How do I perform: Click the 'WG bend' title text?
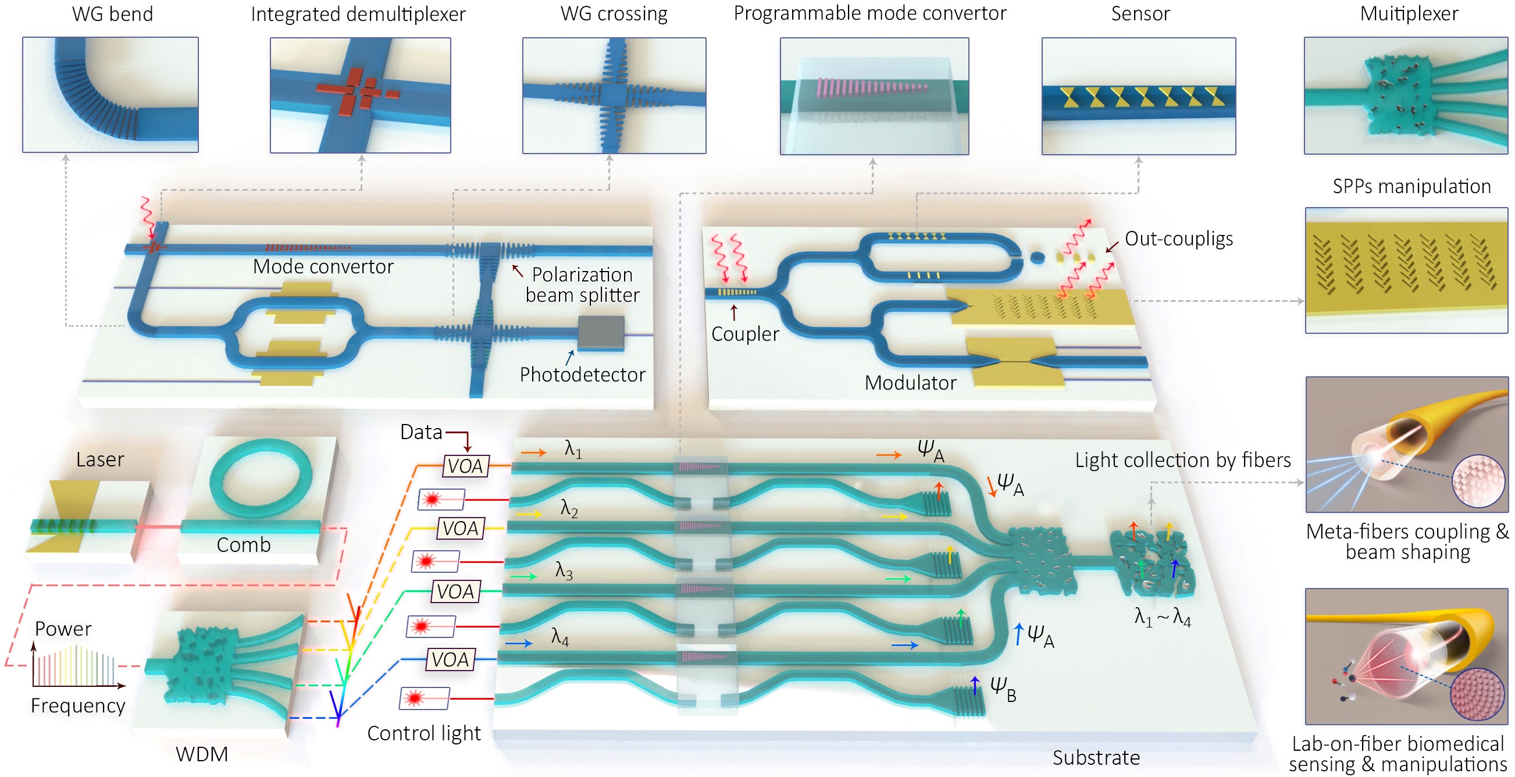112,13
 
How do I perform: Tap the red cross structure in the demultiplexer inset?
356,91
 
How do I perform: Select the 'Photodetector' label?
582,374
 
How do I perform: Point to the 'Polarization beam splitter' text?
582,284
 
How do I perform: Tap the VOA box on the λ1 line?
465,466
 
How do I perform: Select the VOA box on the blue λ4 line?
450,660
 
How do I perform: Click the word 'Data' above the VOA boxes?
420,432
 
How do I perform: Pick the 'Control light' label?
423,733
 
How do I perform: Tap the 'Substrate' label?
1096,757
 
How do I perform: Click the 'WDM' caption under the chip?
202,754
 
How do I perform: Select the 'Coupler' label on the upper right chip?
744,333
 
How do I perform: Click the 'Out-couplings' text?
1178,239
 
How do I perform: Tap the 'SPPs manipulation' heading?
1411,187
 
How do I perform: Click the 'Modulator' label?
910,383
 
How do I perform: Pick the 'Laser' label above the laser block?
100,459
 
